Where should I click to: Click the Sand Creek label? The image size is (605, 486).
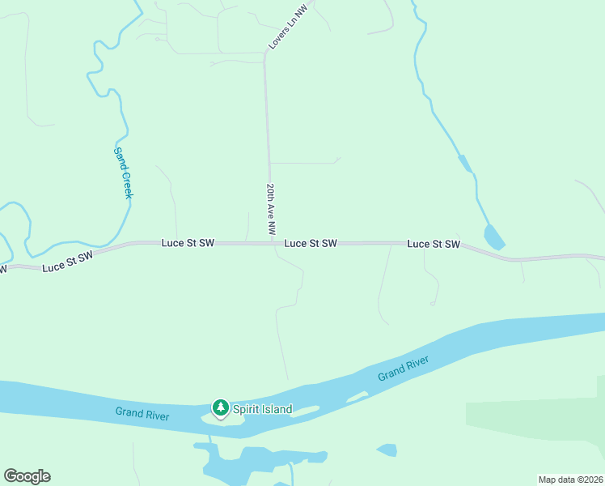click(x=123, y=173)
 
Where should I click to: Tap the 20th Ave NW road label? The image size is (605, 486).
click(x=273, y=210)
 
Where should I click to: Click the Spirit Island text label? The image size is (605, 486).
click(x=262, y=409)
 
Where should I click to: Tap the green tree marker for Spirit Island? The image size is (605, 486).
click(x=220, y=407)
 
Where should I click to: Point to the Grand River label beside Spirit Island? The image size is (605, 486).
click(x=142, y=414)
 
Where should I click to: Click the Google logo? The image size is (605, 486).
click(x=27, y=476)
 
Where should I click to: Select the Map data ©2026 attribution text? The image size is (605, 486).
click(x=570, y=480)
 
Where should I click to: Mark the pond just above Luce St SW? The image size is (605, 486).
click(x=493, y=237)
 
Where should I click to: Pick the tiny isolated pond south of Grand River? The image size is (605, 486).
click(x=387, y=450)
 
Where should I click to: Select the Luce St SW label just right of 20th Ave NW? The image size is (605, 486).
click(x=311, y=243)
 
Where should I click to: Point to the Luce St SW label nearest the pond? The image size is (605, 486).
click(x=434, y=243)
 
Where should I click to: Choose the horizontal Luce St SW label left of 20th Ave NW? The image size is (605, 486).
click(x=188, y=242)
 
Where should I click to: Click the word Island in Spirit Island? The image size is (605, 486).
click(x=275, y=409)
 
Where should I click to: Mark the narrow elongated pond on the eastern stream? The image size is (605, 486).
click(x=464, y=164)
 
